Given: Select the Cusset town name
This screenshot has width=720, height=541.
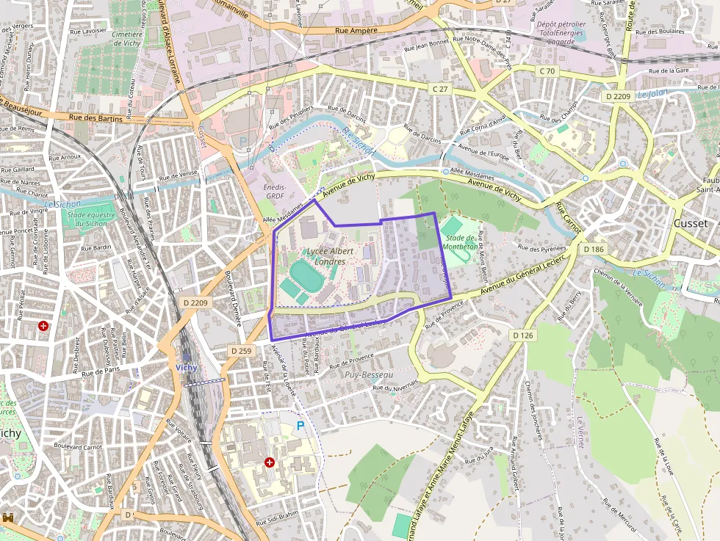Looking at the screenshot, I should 691,223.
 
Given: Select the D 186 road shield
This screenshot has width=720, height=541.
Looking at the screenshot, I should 594,250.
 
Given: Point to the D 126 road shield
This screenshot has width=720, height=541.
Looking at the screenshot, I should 522,335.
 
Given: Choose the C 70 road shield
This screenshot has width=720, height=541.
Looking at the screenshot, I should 547,71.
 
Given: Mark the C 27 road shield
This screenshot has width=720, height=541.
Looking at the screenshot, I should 440,88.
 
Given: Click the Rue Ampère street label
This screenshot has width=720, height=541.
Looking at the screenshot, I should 356,31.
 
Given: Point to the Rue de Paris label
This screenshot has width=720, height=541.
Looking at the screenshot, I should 101,372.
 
